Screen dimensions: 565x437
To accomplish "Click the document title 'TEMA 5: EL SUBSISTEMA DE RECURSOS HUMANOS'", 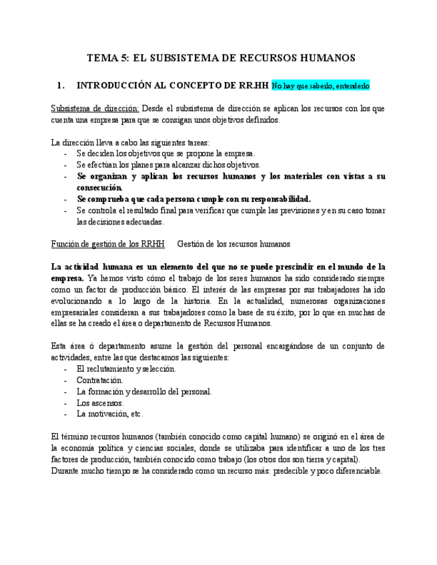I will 221,58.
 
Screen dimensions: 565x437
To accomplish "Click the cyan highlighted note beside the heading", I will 320,86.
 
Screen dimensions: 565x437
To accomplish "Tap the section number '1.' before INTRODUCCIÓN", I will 61,85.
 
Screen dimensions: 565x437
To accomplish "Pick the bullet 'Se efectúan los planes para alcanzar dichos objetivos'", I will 168,165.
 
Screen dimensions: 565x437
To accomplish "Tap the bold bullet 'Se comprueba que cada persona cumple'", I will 193,199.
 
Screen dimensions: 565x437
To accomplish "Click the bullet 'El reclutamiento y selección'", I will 126,368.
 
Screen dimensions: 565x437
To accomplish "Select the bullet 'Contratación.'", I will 99,380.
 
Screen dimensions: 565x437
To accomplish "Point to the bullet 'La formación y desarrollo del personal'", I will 144,391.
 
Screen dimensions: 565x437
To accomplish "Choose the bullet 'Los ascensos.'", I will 100,402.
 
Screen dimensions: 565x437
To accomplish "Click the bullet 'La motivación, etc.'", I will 109,414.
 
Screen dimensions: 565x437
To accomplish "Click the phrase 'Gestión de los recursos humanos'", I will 234,245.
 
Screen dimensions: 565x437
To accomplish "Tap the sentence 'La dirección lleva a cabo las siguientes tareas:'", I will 130,142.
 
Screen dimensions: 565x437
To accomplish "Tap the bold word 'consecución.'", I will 99,187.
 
